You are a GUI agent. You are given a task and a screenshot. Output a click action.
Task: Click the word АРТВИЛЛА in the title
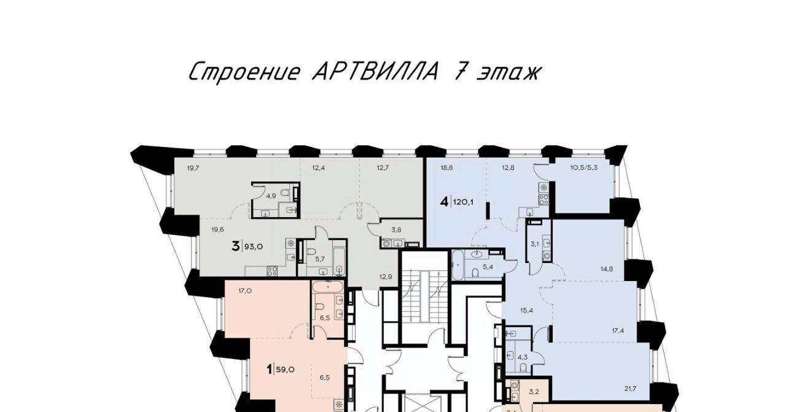tap(375, 73)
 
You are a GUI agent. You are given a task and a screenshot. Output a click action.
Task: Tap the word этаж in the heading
tap(508, 73)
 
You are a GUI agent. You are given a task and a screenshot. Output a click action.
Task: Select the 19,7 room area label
tap(193, 168)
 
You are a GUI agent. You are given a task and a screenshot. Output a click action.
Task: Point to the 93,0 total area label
tap(254, 247)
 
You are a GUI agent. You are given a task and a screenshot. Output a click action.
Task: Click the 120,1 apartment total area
tap(463, 202)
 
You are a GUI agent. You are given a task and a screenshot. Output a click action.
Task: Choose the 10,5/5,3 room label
tap(584, 168)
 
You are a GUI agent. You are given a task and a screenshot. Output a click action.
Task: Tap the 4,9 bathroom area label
tap(271, 196)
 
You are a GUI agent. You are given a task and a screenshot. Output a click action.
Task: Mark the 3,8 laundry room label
tap(397, 230)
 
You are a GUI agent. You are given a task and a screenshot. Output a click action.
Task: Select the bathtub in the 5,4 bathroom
tap(458, 264)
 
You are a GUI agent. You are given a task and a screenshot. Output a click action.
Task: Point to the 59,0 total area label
tap(285, 370)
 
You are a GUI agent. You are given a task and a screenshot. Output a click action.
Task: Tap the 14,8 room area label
tap(607, 269)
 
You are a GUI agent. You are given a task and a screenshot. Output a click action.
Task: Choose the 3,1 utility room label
tap(535, 244)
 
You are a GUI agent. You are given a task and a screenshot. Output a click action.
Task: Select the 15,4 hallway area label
tap(527, 311)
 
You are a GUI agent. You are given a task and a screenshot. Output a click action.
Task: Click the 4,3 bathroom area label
tap(523, 357)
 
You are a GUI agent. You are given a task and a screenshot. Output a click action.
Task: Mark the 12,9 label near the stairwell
tap(386, 277)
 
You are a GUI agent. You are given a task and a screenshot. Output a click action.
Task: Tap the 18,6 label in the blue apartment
tap(446, 168)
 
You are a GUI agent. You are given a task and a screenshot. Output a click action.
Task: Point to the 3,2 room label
tap(534, 392)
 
